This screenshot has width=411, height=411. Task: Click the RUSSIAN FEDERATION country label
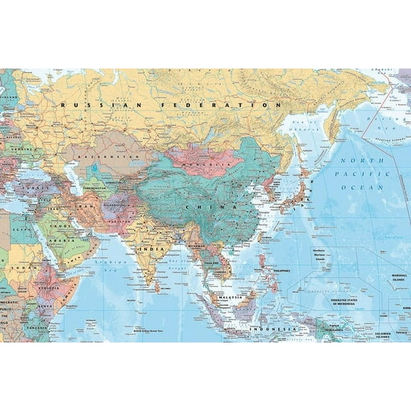tap(171, 104)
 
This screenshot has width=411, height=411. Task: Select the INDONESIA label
tap(273, 328)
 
